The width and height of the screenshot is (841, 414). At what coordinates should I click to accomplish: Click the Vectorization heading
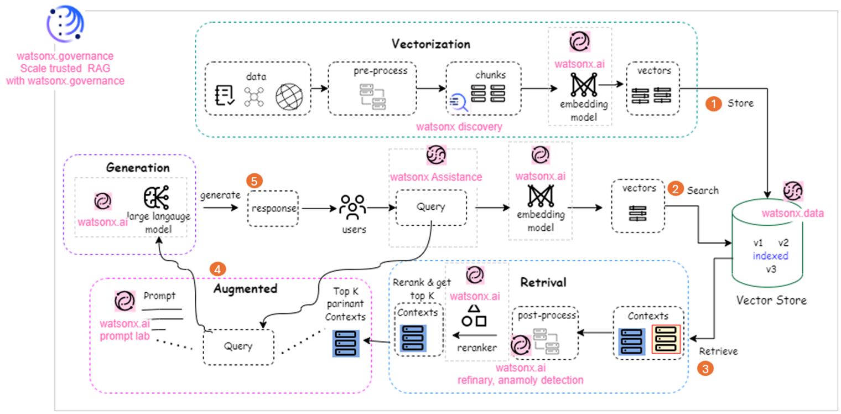[430, 44]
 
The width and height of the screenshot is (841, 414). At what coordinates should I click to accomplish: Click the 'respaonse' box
[272, 209]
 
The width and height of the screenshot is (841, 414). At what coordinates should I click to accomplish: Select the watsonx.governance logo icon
[65, 24]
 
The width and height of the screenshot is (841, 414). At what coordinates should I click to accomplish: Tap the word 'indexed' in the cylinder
[770, 256]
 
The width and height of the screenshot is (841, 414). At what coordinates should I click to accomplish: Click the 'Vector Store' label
[771, 301]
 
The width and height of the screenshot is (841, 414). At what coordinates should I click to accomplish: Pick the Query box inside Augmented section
[238, 346]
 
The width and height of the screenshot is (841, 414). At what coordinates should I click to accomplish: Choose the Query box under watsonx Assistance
[430, 207]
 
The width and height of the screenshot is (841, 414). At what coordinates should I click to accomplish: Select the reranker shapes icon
[474, 315]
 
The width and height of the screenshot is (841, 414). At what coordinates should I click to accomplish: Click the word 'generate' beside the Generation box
[220, 195]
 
